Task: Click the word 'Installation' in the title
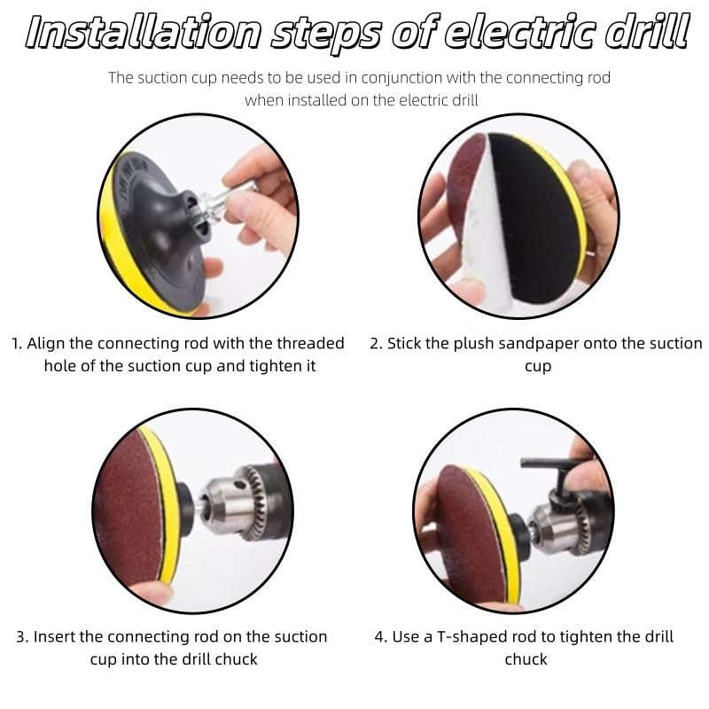(143, 33)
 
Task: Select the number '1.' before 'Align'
(17, 344)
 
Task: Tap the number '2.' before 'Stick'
(376, 344)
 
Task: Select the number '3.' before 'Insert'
(23, 637)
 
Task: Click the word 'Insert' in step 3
(54, 636)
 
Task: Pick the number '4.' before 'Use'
(381, 637)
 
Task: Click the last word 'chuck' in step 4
(526, 659)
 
